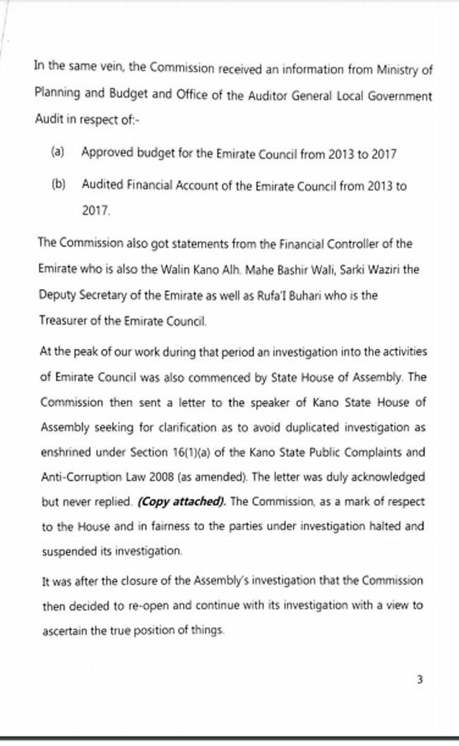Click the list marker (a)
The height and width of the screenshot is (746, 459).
[x=58, y=152]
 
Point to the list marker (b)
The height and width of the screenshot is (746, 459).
[x=58, y=184]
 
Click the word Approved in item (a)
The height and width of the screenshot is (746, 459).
[x=106, y=152]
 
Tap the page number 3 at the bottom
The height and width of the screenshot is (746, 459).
[x=419, y=680]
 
